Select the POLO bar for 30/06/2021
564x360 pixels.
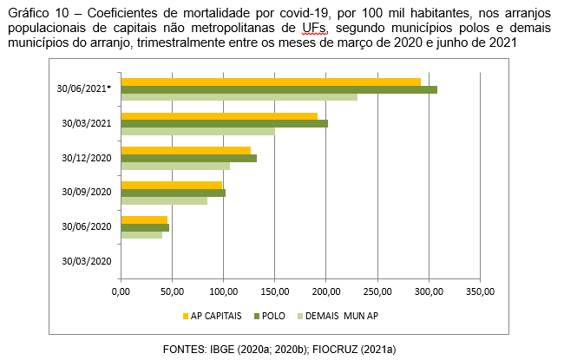point(279,89)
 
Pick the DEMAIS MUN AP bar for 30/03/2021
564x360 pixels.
point(198,131)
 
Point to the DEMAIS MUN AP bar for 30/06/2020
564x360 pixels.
point(141,234)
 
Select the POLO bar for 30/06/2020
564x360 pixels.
point(145,227)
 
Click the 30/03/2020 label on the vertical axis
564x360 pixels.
point(87,261)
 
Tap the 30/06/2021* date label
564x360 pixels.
point(88,88)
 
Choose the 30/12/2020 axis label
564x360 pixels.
point(87,158)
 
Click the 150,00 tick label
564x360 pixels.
point(274,292)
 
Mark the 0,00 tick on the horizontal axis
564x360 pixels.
point(121,292)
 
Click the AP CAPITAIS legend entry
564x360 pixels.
point(213,316)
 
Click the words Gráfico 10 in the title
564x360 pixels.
point(36,11)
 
